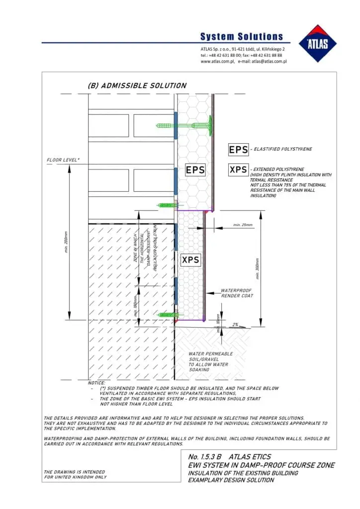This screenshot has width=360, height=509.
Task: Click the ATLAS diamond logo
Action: [x=318, y=43]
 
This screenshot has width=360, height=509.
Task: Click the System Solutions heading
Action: [x=242, y=37]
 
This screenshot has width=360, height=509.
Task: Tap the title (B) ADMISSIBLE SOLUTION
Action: [x=137, y=85]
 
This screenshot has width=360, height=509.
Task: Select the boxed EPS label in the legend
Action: [x=239, y=150]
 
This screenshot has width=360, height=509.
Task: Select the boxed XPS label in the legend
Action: [x=239, y=170]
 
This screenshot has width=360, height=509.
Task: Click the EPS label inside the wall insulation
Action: [x=195, y=170]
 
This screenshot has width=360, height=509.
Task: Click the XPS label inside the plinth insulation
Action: [x=190, y=260]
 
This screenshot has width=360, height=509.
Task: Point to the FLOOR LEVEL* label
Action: [x=63, y=161]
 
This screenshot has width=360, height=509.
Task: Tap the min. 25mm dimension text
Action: [x=243, y=225]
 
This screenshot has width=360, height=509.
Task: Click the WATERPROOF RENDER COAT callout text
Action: [x=237, y=293]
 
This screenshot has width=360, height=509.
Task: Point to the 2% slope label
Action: [x=236, y=324]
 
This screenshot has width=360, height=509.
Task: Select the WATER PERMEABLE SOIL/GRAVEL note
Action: [x=210, y=361]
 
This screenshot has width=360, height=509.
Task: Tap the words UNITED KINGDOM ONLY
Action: [x=75, y=477]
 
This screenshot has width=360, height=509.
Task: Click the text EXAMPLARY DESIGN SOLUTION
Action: [x=231, y=480]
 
